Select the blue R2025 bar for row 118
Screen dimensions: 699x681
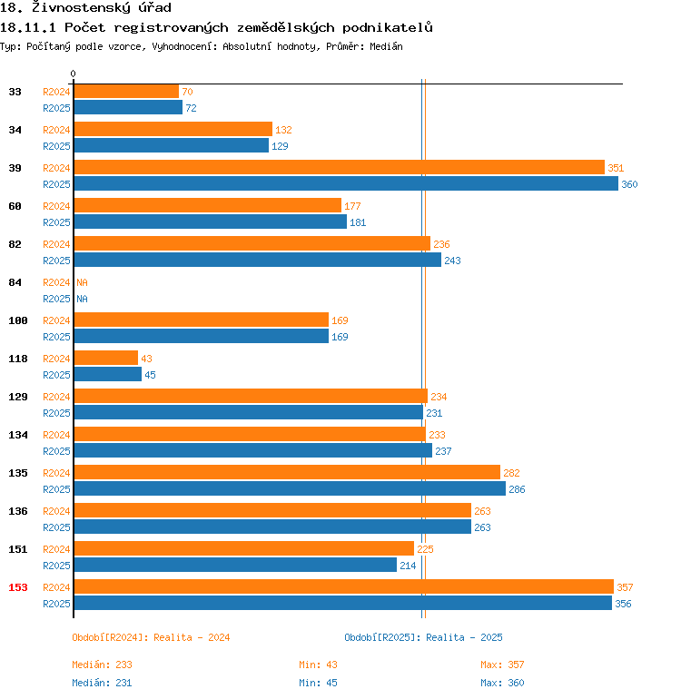click(107, 375)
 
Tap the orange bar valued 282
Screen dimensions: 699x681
click(287, 473)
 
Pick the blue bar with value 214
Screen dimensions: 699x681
click(235, 566)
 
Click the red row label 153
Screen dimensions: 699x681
click(18, 587)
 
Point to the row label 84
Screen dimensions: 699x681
click(15, 282)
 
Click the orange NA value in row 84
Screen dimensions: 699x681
click(82, 282)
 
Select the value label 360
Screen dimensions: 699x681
click(629, 184)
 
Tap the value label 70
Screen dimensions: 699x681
click(187, 92)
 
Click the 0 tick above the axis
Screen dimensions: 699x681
click(74, 74)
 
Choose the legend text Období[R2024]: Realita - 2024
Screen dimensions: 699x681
click(151, 637)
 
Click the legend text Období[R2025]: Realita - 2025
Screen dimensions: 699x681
click(423, 637)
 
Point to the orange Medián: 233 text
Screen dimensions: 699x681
click(102, 665)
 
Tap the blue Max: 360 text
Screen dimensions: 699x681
click(502, 683)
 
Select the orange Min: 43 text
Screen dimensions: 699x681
click(318, 665)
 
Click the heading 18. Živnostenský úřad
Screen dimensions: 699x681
click(85, 8)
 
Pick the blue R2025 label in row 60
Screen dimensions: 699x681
click(56, 222)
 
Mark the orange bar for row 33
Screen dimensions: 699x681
click(126, 92)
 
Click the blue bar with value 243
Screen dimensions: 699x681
click(257, 261)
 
